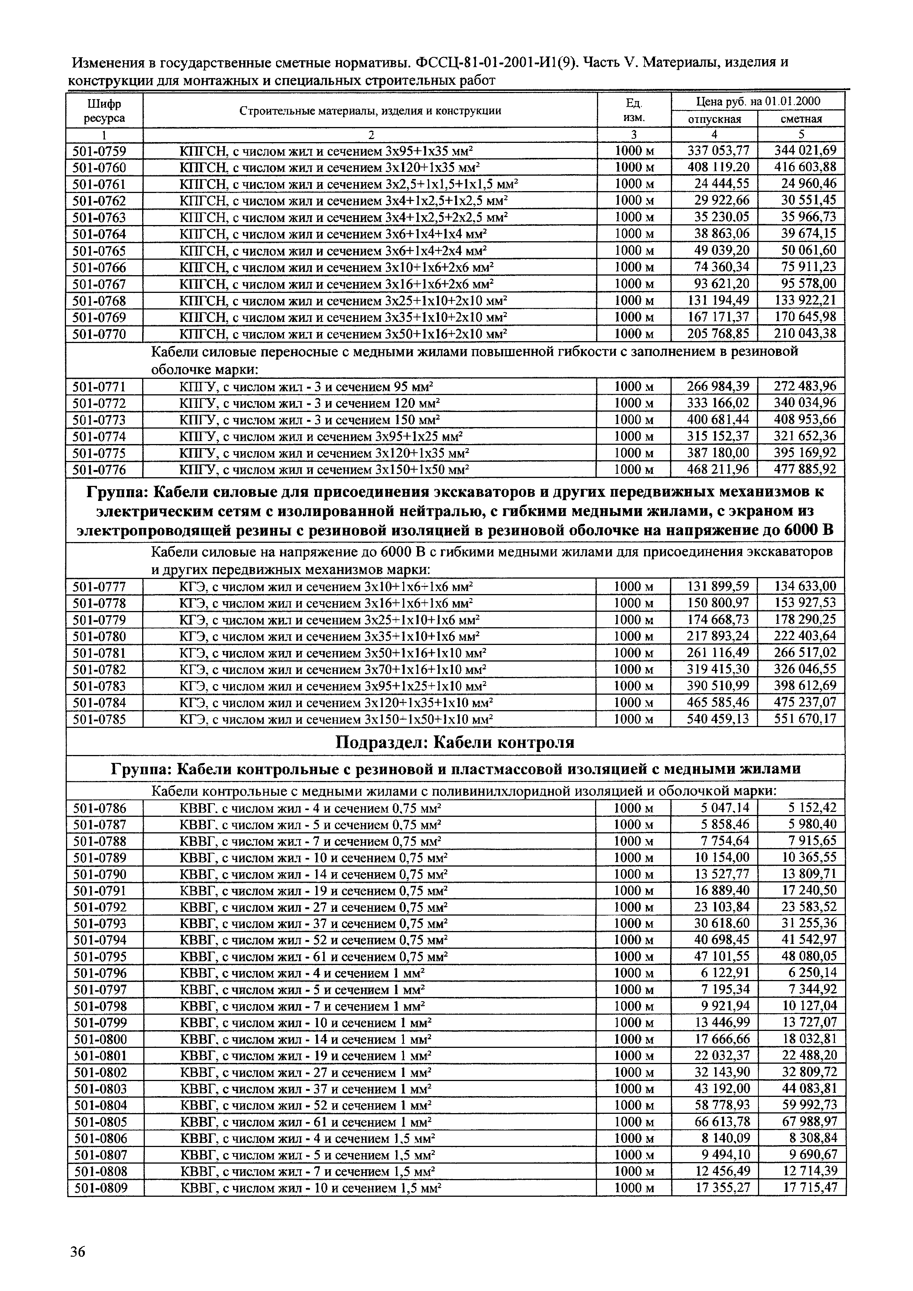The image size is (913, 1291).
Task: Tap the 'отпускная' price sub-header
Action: click(x=714, y=119)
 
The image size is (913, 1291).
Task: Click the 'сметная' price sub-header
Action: click(x=801, y=119)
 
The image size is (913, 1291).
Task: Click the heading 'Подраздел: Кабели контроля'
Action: click(x=455, y=743)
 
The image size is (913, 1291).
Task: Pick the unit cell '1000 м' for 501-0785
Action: click(x=634, y=719)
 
